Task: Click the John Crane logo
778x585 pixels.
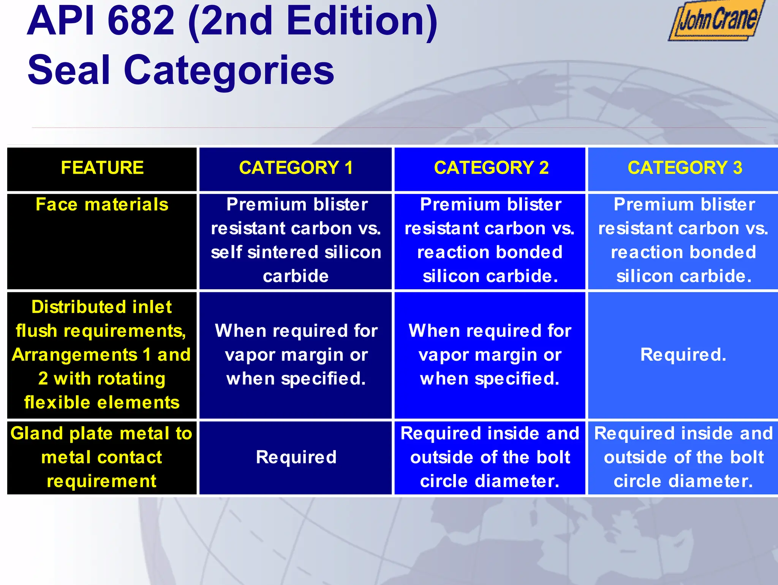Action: click(x=717, y=21)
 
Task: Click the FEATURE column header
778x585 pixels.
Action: click(x=102, y=168)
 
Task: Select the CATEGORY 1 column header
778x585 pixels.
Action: click(x=296, y=168)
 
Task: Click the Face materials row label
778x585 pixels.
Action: click(x=102, y=205)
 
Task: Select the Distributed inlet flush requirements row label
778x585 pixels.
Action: click(x=101, y=354)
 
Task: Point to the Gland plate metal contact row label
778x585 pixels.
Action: click(x=101, y=457)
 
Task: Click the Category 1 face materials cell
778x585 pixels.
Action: click(x=296, y=240)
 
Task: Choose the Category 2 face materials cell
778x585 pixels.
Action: click(x=490, y=240)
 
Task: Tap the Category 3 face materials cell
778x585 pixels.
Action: click(x=683, y=240)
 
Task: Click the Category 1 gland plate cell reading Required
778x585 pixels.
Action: click(x=296, y=457)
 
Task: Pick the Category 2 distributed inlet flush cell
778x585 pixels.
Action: click(x=490, y=355)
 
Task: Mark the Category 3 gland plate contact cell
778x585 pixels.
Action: click(x=683, y=457)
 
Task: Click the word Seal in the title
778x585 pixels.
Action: click(x=69, y=70)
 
